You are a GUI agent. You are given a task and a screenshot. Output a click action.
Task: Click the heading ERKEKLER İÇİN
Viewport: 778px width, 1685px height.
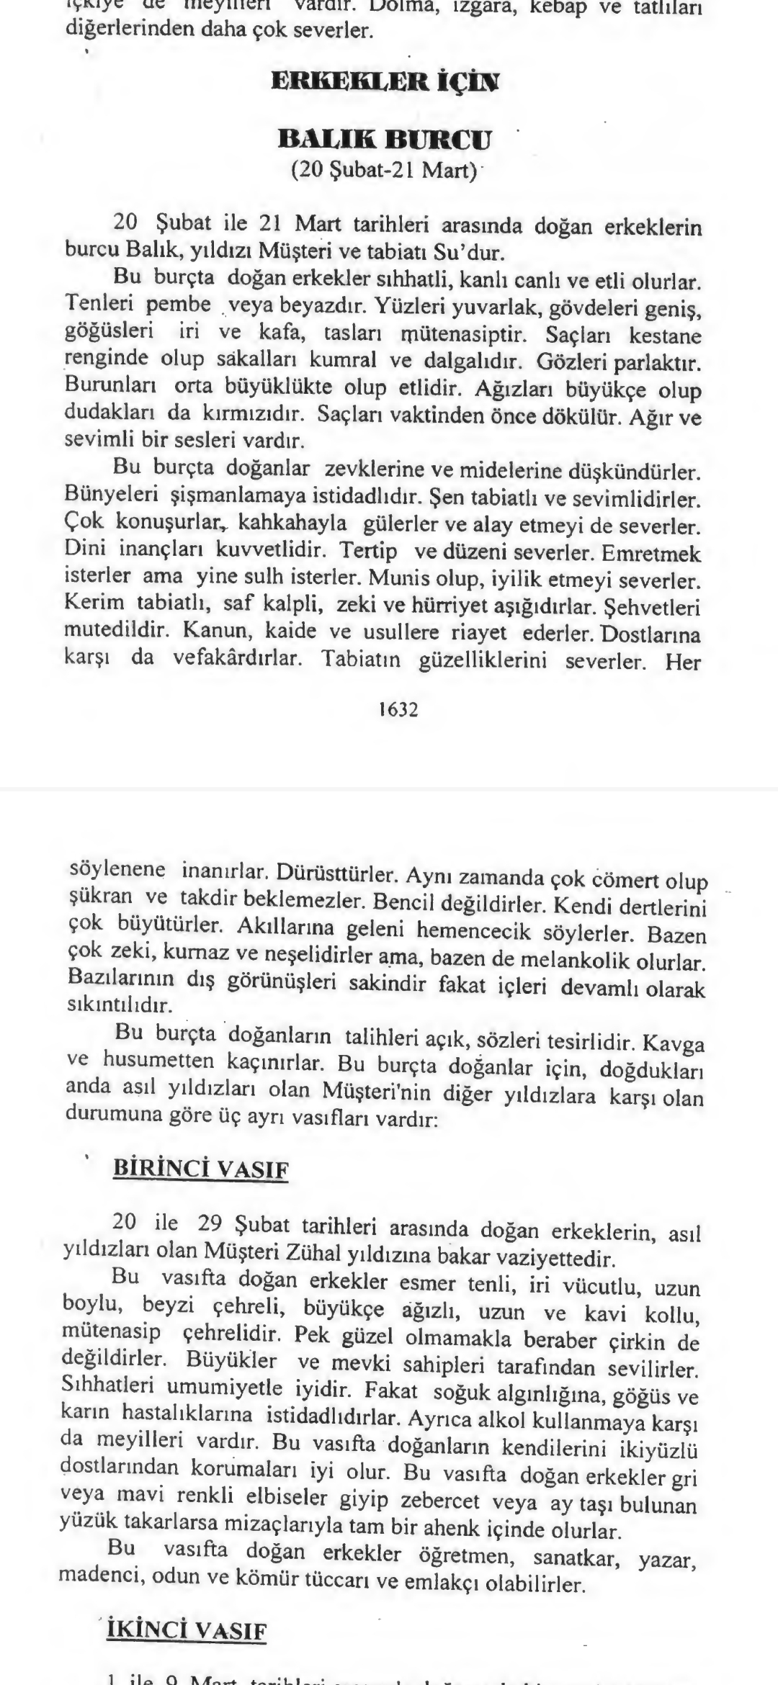[x=385, y=81]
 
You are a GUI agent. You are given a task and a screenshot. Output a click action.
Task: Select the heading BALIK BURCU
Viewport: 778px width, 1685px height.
[x=385, y=139]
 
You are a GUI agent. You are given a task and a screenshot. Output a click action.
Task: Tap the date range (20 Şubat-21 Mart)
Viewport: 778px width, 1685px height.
[x=385, y=171]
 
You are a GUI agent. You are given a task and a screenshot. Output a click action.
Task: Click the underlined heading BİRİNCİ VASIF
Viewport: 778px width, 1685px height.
[x=201, y=1169]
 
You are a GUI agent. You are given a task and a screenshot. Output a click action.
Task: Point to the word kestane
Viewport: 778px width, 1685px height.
[x=665, y=336]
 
